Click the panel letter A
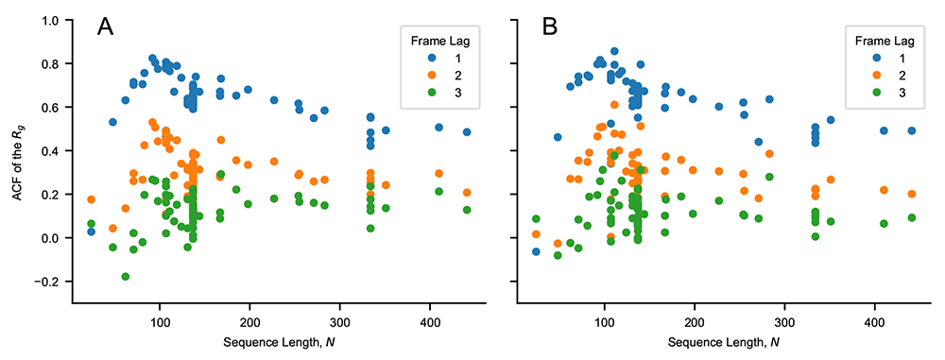(106, 27)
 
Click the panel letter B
(551, 27)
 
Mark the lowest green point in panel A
(126, 276)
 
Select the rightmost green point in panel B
(911, 217)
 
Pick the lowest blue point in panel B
(536, 251)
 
